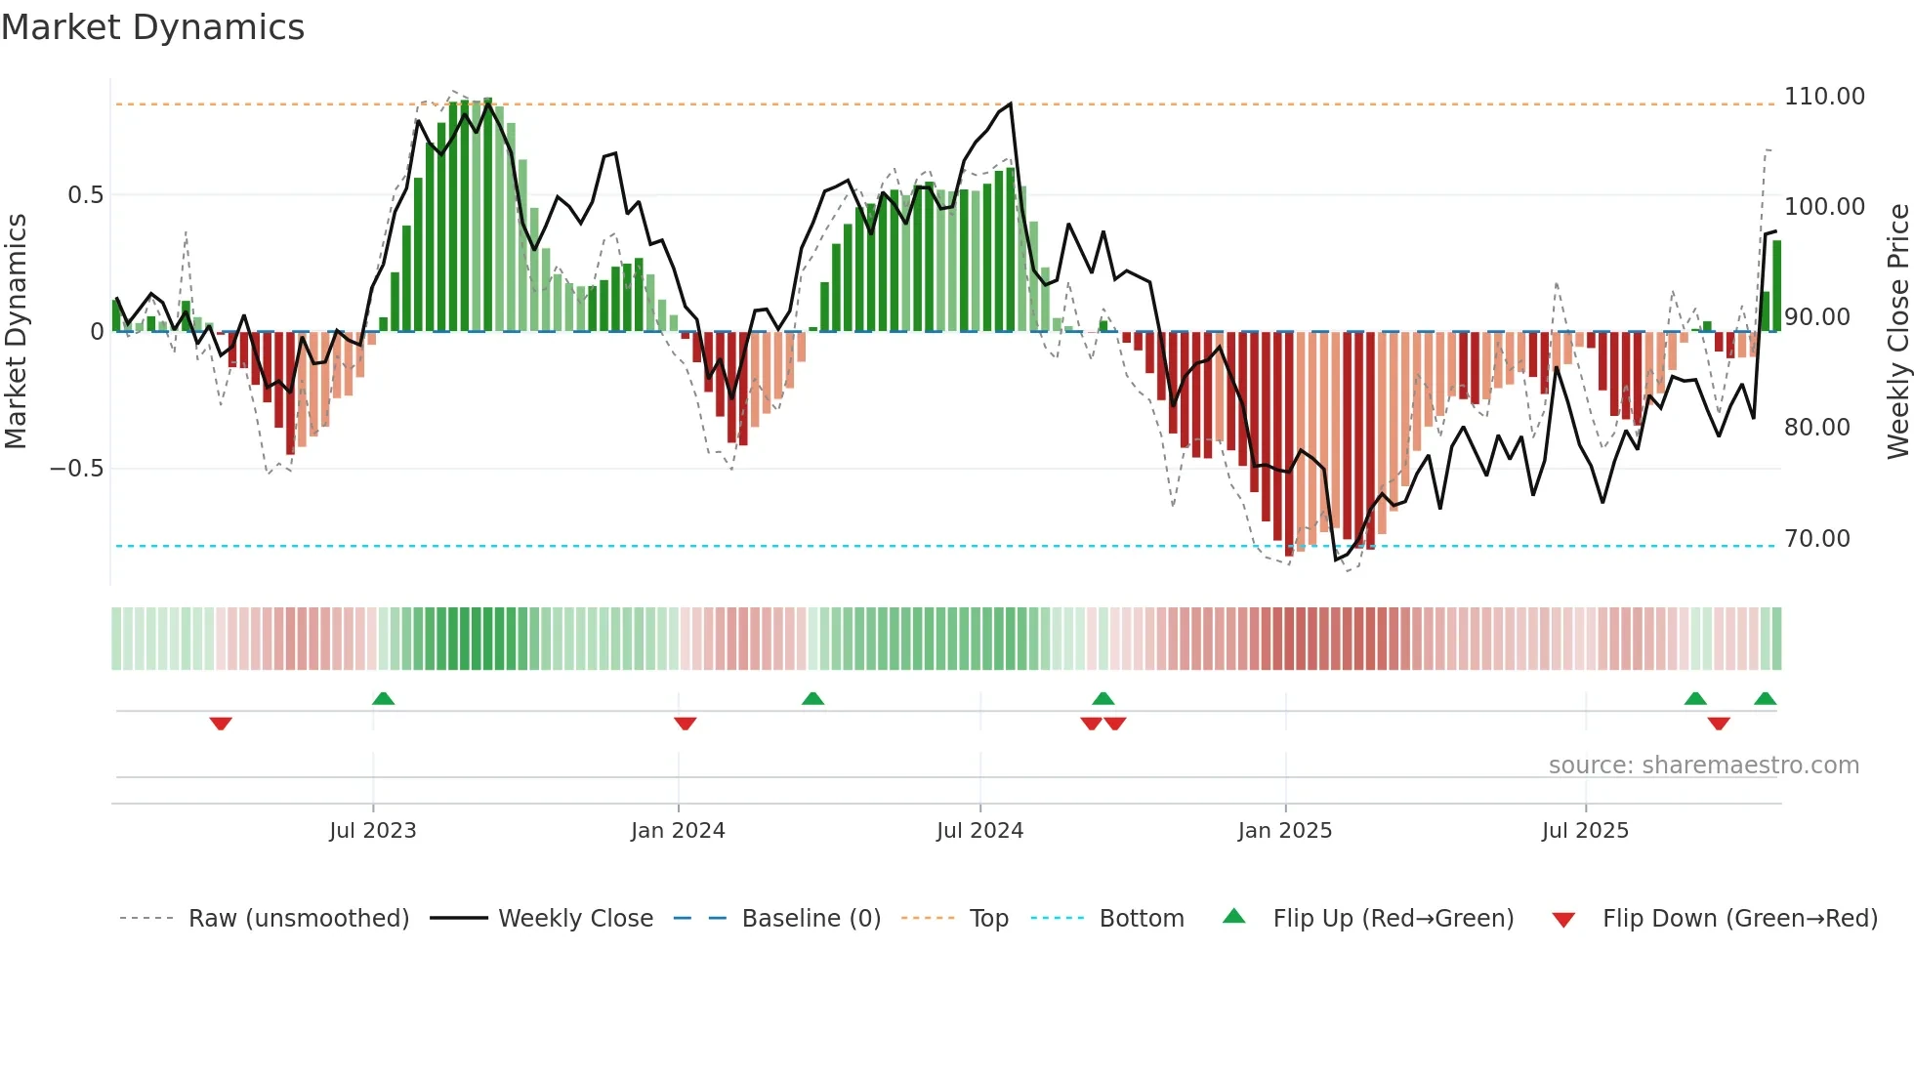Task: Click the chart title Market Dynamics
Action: click(x=152, y=27)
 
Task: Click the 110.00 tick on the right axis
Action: click(x=1823, y=97)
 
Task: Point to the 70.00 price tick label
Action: click(x=1816, y=539)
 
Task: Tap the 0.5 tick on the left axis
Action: click(x=85, y=195)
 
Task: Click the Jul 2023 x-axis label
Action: click(x=372, y=831)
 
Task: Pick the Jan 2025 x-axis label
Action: click(x=1284, y=831)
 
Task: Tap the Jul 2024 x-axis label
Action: click(x=979, y=831)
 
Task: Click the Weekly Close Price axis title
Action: click(x=1897, y=331)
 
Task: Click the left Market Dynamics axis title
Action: click(x=16, y=331)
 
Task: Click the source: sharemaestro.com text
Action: click(x=1703, y=766)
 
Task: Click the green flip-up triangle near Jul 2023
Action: click(x=383, y=698)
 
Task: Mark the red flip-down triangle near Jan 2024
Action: click(x=685, y=724)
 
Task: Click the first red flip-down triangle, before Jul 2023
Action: click(x=221, y=724)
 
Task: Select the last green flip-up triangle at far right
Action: click(x=1765, y=698)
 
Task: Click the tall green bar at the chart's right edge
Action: click(x=1777, y=286)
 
